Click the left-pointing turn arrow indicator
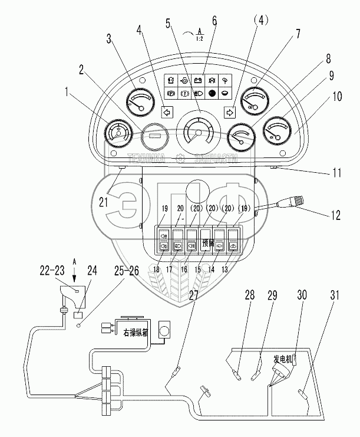(167, 110)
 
